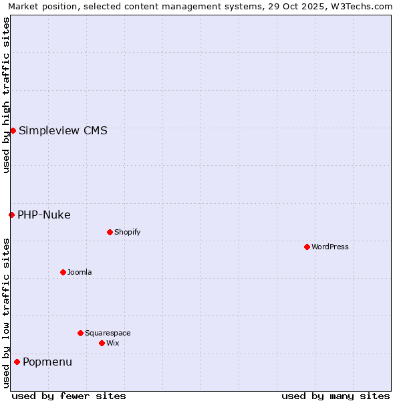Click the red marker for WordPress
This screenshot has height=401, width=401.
tap(307, 247)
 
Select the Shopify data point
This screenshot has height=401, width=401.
tap(110, 232)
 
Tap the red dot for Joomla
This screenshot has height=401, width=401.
tap(63, 272)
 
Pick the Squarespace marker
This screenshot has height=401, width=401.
tap(80, 333)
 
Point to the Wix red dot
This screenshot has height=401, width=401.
tap(102, 343)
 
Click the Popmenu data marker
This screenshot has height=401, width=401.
tap(17, 362)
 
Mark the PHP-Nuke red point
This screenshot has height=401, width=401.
tap(11, 215)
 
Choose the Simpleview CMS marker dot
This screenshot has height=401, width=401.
tap(13, 130)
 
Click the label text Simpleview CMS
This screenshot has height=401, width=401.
tap(63, 131)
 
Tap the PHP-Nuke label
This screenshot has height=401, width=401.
tap(44, 215)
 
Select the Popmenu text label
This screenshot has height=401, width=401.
tap(47, 362)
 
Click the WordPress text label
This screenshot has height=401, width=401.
tap(330, 247)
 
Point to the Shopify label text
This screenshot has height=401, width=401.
tap(128, 233)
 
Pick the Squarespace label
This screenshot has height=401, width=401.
tap(108, 333)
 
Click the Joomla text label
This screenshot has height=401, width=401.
tap(80, 273)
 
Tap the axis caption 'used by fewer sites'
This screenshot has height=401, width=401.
tap(69, 396)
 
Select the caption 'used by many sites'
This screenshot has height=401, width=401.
tap(336, 396)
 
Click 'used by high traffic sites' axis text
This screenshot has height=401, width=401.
tap(7, 95)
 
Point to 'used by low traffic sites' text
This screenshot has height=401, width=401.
tap(7, 312)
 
